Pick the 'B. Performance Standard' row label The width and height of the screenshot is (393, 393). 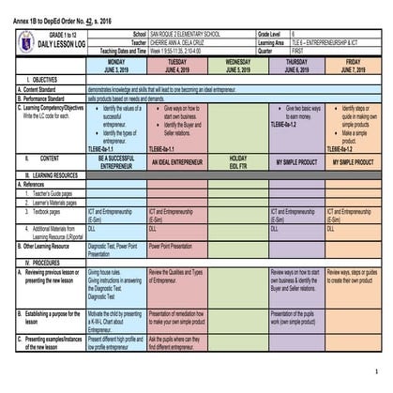point(51,97)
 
